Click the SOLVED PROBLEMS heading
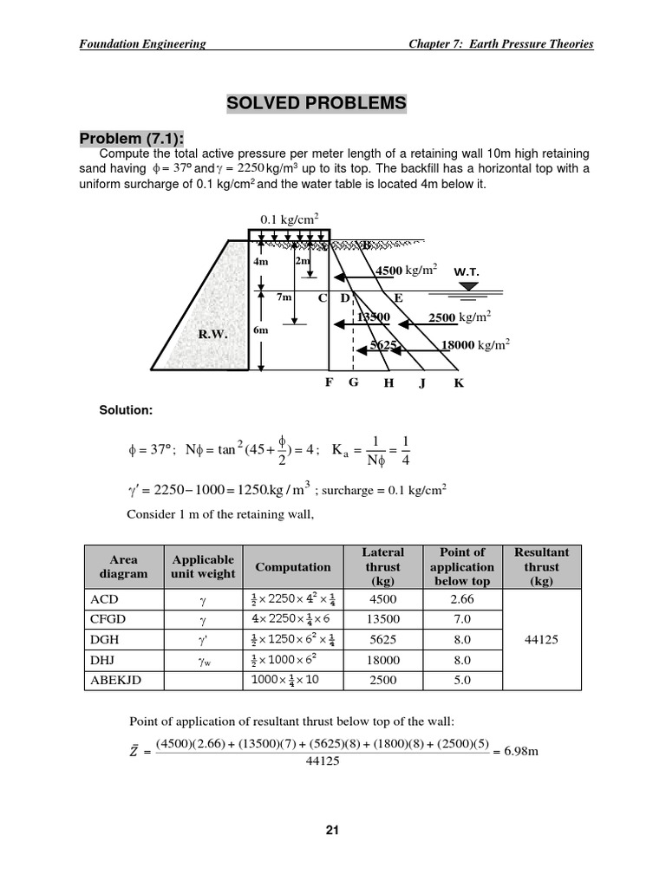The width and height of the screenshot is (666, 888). coord(316,104)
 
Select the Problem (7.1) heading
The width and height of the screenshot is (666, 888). coord(133,140)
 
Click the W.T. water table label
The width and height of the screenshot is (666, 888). coord(467,271)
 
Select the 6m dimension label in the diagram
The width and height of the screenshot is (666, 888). coord(261,330)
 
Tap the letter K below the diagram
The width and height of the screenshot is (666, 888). coord(459,383)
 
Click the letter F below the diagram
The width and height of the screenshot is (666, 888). coord(330,382)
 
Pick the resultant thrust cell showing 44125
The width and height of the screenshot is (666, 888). coord(541,639)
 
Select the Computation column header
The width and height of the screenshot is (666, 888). coord(292,567)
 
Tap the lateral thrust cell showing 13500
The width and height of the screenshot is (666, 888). coord(382,619)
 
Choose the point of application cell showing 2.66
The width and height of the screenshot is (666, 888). coord(461,599)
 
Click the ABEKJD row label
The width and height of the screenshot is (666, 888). coord(115,680)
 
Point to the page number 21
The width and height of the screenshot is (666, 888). coord(332,830)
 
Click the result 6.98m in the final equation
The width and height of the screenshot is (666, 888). coord(521,751)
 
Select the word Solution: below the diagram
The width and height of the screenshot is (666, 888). coord(126,409)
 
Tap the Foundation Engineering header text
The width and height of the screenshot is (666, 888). coord(142,44)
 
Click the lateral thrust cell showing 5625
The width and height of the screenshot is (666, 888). coord(382,640)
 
